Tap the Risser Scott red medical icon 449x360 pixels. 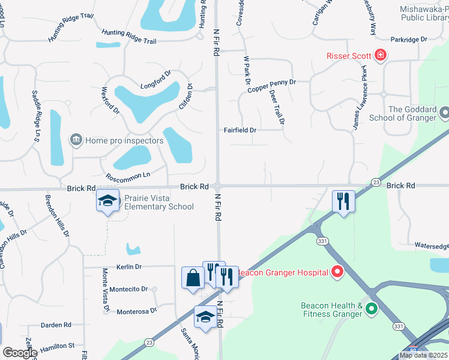[379, 56]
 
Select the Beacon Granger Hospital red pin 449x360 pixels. [337, 272]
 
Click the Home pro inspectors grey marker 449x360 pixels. [76, 140]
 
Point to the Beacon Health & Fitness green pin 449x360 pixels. [372, 310]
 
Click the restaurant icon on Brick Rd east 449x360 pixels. [344, 201]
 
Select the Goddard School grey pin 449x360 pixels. [445, 113]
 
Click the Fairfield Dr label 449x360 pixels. [240, 130]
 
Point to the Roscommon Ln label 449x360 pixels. [127, 176]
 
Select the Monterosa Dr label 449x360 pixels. [136, 311]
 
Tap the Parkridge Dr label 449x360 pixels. [408, 39]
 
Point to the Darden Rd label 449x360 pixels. [56, 325]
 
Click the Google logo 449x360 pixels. [19, 353]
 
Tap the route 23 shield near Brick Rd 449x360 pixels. [376, 181]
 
